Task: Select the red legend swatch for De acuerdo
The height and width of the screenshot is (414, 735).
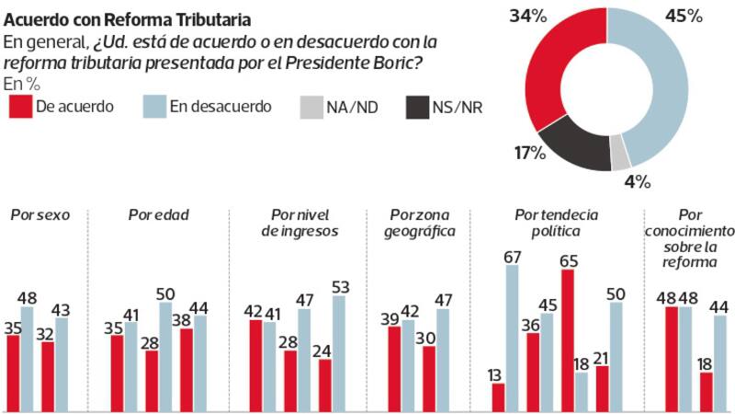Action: pyautogui.click(x=18, y=107)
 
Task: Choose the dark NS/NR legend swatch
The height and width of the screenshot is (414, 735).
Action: pyautogui.click(x=416, y=107)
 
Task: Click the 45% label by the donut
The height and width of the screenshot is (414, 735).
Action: pyautogui.click(x=684, y=16)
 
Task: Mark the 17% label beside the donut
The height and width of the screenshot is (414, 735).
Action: pyautogui.click(x=529, y=152)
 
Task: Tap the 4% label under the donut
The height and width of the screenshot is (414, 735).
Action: pyautogui.click(x=637, y=180)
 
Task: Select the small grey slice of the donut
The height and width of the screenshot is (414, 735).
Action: pyautogui.click(x=620, y=156)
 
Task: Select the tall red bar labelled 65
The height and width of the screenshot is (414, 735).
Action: pyautogui.click(x=568, y=340)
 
